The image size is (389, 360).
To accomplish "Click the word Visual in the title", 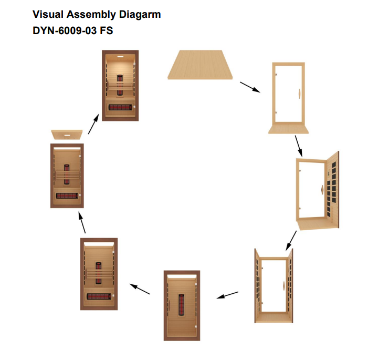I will [47, 15].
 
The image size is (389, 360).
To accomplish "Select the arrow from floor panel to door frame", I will [250, 87].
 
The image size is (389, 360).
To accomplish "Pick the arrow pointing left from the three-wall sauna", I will [227, 296].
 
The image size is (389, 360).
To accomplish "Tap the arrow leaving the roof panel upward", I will [93, 126].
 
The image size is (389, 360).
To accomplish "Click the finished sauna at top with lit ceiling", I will [120, 85].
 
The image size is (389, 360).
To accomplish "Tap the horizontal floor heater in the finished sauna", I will [120, 108].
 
